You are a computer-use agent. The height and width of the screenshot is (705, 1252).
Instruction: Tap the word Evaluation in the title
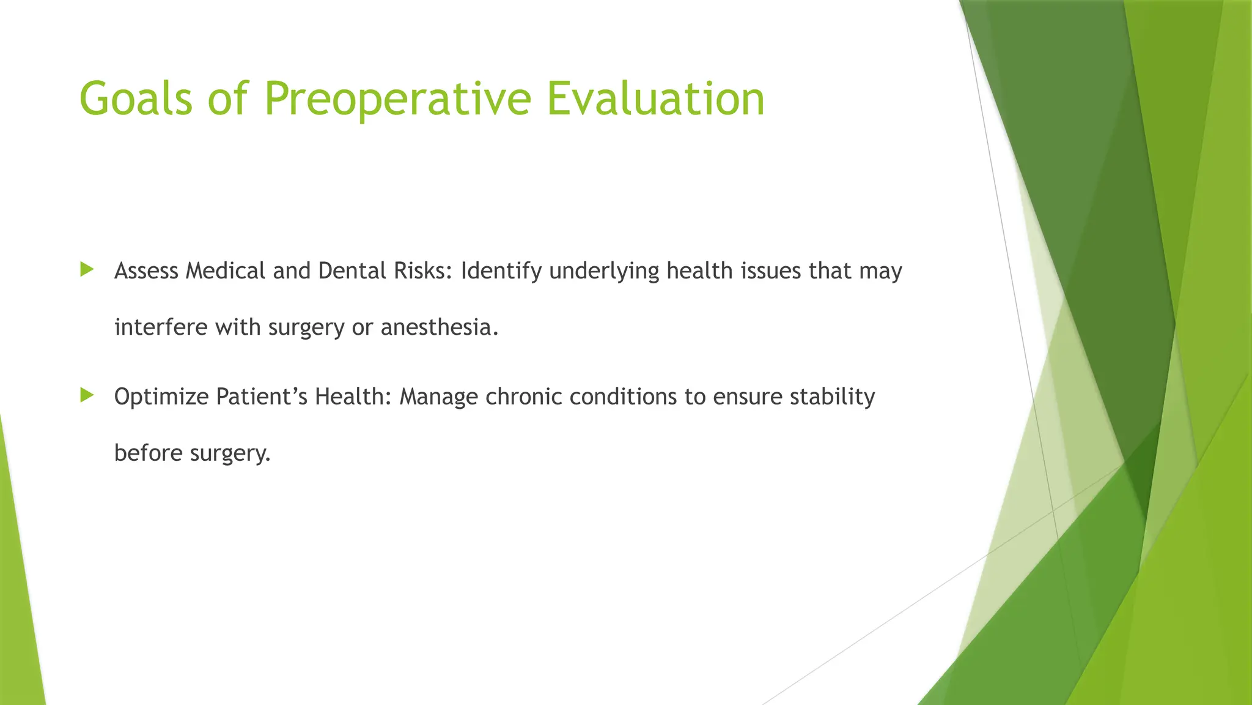pos(655,99)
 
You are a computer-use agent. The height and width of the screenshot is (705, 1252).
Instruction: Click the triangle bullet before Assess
pos(87,269)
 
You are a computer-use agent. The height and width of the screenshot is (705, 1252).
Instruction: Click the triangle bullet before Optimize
pos(87,395)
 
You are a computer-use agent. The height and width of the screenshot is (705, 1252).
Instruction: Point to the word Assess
pos(146,270)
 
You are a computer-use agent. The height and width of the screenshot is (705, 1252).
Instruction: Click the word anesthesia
pos(439,327)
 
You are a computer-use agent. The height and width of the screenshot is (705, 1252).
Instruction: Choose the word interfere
pos(161,327)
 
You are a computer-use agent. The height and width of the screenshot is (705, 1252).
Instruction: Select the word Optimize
pos(161,397)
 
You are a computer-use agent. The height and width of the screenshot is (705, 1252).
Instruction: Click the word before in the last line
pos(149,453)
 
